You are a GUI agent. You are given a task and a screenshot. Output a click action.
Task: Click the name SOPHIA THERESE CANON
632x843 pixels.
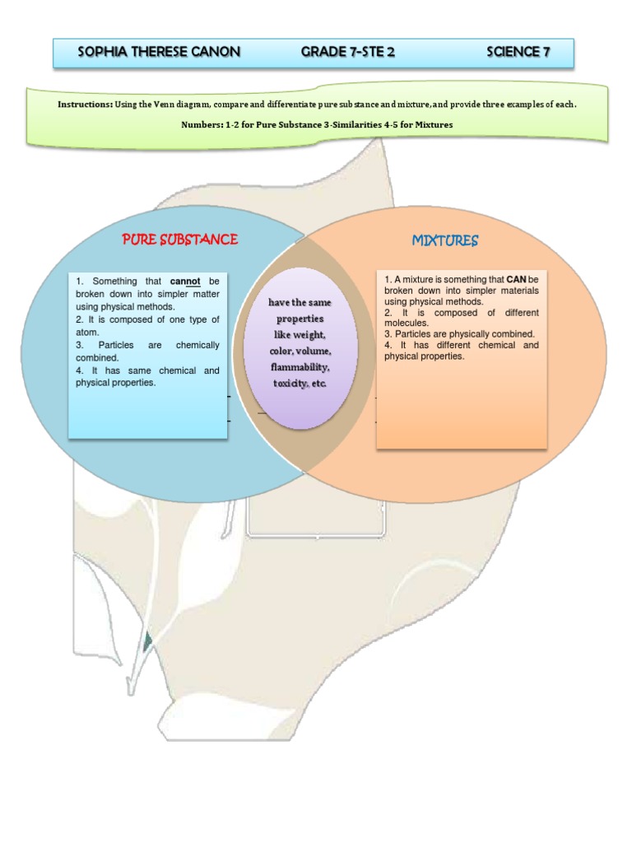159,52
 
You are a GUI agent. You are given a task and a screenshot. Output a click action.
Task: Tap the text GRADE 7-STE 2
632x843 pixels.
348,52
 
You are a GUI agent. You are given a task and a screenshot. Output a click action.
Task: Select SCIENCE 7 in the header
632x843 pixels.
518,52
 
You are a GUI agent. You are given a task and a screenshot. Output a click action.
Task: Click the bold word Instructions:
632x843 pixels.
84,105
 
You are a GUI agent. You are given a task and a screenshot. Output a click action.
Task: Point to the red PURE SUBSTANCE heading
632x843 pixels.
180,240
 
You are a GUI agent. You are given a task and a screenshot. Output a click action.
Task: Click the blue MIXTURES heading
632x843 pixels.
445,240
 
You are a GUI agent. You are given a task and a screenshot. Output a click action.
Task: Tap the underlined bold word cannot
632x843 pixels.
186,282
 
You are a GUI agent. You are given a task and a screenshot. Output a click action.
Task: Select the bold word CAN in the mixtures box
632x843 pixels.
516,280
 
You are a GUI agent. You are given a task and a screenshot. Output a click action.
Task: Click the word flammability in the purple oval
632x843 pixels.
300,366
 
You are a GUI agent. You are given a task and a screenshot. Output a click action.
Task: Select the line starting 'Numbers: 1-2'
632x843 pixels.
317,124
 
